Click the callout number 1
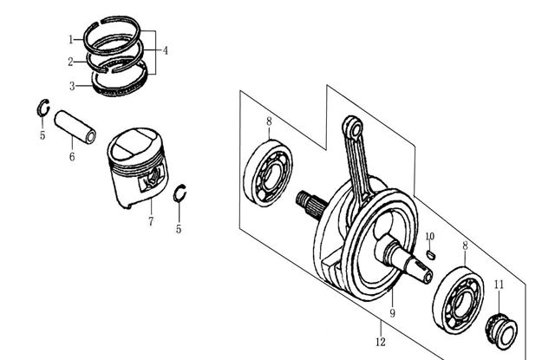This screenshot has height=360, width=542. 72,40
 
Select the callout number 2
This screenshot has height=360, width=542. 72,62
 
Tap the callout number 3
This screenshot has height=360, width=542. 72,85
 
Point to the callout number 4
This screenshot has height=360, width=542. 165,50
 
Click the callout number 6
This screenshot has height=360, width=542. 72,157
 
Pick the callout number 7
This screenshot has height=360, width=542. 150,222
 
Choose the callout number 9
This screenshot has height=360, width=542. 391,313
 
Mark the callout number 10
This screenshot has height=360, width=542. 429,237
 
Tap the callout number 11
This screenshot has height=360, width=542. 498,285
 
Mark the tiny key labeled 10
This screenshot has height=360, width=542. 431,255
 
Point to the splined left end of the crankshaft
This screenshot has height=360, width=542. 308,200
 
